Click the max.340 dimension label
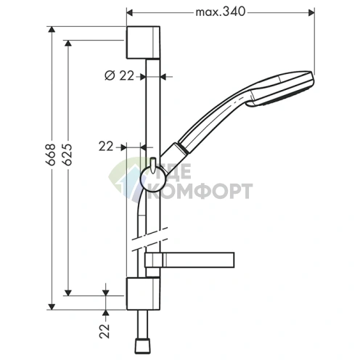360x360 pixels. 221,12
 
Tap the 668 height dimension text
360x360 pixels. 52,155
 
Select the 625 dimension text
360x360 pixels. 68,155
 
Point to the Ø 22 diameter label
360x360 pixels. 119,75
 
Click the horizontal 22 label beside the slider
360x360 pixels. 106,147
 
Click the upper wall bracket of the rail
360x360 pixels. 143,42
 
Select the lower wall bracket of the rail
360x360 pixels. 143,294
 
